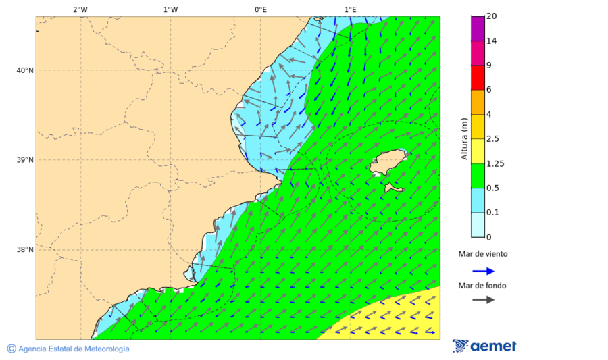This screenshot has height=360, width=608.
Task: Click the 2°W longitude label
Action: coord(80,9)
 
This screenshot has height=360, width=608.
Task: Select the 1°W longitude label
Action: coord(170,9)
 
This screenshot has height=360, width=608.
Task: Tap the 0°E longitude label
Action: coord(260,9)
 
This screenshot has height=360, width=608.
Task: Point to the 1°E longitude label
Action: coord(350,9)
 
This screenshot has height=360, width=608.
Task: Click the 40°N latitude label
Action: coord(24,70)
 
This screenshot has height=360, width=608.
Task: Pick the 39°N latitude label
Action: coord(24,160)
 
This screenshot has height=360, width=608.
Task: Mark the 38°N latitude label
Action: coord(24,250)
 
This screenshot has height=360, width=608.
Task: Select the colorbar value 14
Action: coord(491,41)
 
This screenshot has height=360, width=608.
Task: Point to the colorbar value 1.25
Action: coord(495,163)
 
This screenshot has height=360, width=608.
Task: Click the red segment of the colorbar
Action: coord(478,78)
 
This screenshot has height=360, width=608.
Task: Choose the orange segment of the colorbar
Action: coord(478,102)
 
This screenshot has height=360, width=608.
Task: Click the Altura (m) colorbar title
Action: coord(464,138)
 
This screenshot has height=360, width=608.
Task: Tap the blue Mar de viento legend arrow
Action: coord(483,271)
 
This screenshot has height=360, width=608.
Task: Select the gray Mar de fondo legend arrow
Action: coord(483,300)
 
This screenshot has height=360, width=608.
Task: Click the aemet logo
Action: coord(484,346)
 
